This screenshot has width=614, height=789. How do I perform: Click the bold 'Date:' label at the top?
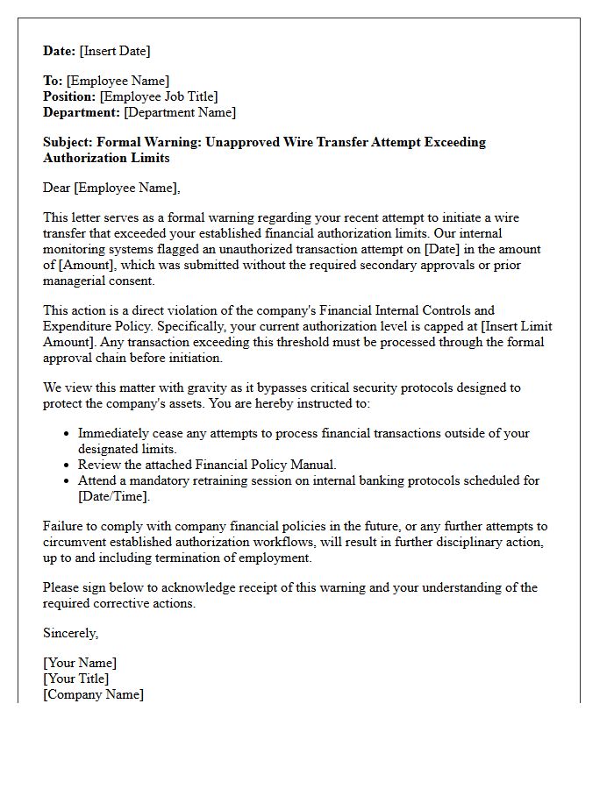[60, 51]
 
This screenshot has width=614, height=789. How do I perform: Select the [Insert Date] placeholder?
[115, 51]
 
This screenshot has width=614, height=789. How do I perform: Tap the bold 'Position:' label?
[70, 96]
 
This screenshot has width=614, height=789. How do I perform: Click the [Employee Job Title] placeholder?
[159, 96]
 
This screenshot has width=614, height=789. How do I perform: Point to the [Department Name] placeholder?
[180, 112]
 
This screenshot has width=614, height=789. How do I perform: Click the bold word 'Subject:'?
[68, 142]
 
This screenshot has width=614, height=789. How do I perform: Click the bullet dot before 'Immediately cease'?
[68, 434]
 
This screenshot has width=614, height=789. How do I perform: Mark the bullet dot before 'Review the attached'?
[68, 466]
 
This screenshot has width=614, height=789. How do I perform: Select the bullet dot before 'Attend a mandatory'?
[68, 481]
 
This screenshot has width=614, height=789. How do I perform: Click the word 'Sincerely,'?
[71, 633]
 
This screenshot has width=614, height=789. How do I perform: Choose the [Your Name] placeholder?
[80, 663]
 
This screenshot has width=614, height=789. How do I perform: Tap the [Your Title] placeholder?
[76, 679]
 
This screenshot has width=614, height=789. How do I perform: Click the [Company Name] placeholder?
[94, 694]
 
